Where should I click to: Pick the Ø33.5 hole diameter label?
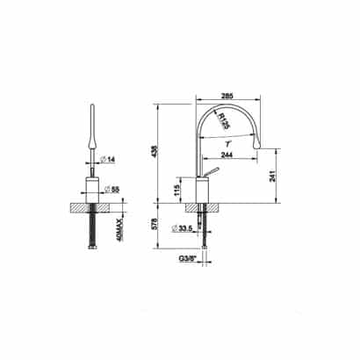[184, 229]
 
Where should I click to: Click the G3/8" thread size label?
[187, 259]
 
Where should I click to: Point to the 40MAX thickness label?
[123, 232]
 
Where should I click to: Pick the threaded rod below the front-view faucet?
[92, 230]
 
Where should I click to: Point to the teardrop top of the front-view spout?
[92, 132]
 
